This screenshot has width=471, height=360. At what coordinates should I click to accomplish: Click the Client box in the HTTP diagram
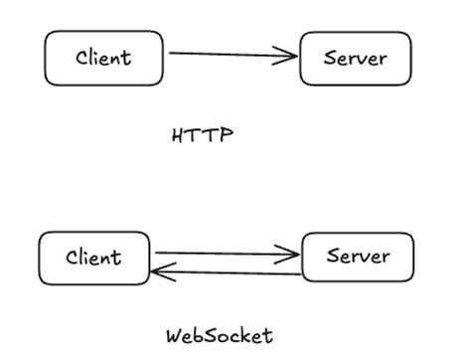(103, 58)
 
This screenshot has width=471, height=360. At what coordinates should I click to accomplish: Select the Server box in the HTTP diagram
(356, 58)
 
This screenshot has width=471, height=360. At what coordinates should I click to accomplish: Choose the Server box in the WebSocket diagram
(357, 258)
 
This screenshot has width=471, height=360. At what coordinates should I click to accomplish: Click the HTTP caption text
(202, 135)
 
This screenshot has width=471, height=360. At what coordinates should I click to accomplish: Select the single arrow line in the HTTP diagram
(229, 55)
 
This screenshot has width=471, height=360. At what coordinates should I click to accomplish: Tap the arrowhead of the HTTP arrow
(290, 56)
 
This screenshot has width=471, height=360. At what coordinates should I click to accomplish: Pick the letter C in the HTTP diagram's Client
(82, 58)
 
